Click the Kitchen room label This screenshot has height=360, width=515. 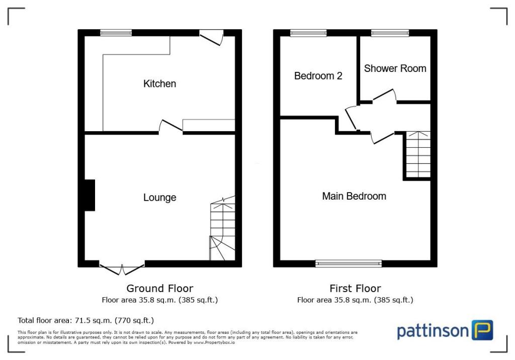pos(159,83)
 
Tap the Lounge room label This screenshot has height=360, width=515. pos(159,197)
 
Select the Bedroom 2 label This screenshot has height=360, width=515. pos(318,76)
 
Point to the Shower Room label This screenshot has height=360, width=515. pos(395,68)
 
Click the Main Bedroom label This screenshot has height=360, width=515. pos(354,196)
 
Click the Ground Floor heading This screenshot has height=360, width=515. pos(159,288)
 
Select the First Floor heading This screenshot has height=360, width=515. pos(355,288)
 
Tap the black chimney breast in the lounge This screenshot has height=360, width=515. pos(89,195)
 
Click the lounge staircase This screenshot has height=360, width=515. pos(222,229)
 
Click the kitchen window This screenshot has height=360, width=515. pos(116,33)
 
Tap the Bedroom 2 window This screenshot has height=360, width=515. pos(308,33)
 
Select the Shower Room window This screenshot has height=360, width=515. pos(390,33)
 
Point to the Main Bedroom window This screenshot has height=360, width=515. pos(349,263)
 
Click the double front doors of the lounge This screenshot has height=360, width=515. pos(122,268)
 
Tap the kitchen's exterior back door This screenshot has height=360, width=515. pos(211,37)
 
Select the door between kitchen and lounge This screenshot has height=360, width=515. pos(170,127)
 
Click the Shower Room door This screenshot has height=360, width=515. pos(385,97)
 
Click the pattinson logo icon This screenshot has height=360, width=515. pos(482,330)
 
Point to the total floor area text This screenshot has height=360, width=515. pos(85,320)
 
